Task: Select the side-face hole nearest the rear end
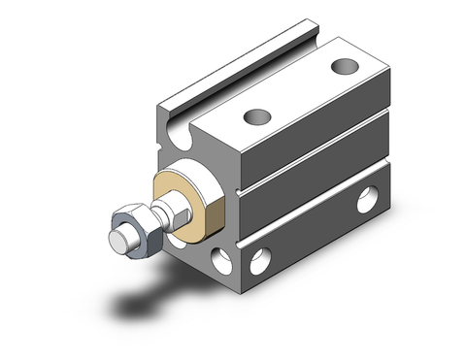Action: pyautogui.click(x=366, y=202)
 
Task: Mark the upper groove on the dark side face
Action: pyautogui.click(x=311, y=165)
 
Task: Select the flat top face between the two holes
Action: pyautogui.click(x=296, y=93)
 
